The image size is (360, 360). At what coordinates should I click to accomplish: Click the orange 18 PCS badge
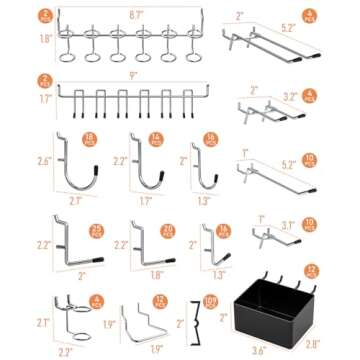point(95,137)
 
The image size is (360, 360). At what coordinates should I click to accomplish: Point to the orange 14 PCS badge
point(156,138)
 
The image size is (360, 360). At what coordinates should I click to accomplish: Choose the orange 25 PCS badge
point(95,232)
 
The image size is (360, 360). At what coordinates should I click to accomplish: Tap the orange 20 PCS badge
point(167,232)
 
